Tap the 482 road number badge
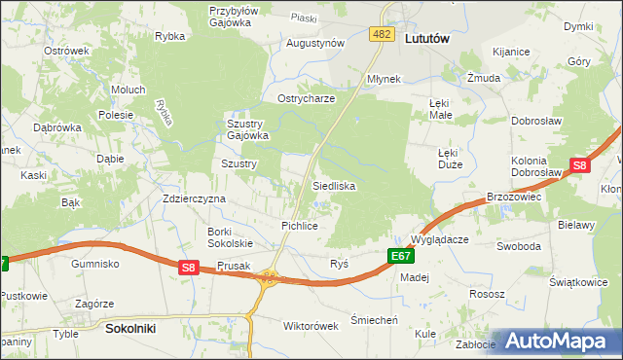382,35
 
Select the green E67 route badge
400,256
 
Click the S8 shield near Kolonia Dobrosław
579,166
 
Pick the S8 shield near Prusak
189,267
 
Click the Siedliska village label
333,185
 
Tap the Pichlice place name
300,226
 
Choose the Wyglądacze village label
440,238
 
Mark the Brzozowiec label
513,196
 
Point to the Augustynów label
315,44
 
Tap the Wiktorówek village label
309,326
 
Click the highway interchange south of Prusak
267,279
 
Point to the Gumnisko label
94,264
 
